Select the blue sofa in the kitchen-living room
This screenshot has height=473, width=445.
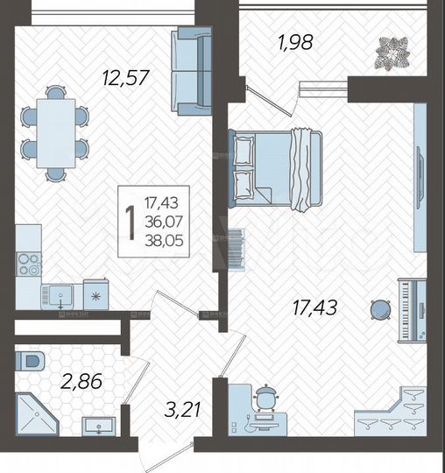pyautogui.click(x=192, y=71)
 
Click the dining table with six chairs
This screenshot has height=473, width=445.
pyautogui.click(x=55, y=134)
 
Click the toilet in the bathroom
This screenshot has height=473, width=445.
pyautogui.click(x=32, y=359)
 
